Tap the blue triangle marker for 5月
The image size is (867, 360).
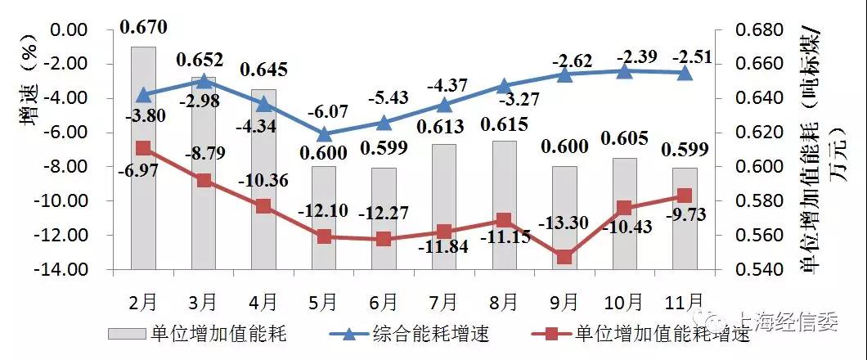click(324, 134)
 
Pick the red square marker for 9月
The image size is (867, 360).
click(564, 257)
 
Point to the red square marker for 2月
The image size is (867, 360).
click(143, 148)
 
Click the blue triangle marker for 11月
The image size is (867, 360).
click(685, 73)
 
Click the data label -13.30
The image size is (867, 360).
click(564, 221)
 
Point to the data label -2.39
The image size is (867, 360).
click(626, 56)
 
